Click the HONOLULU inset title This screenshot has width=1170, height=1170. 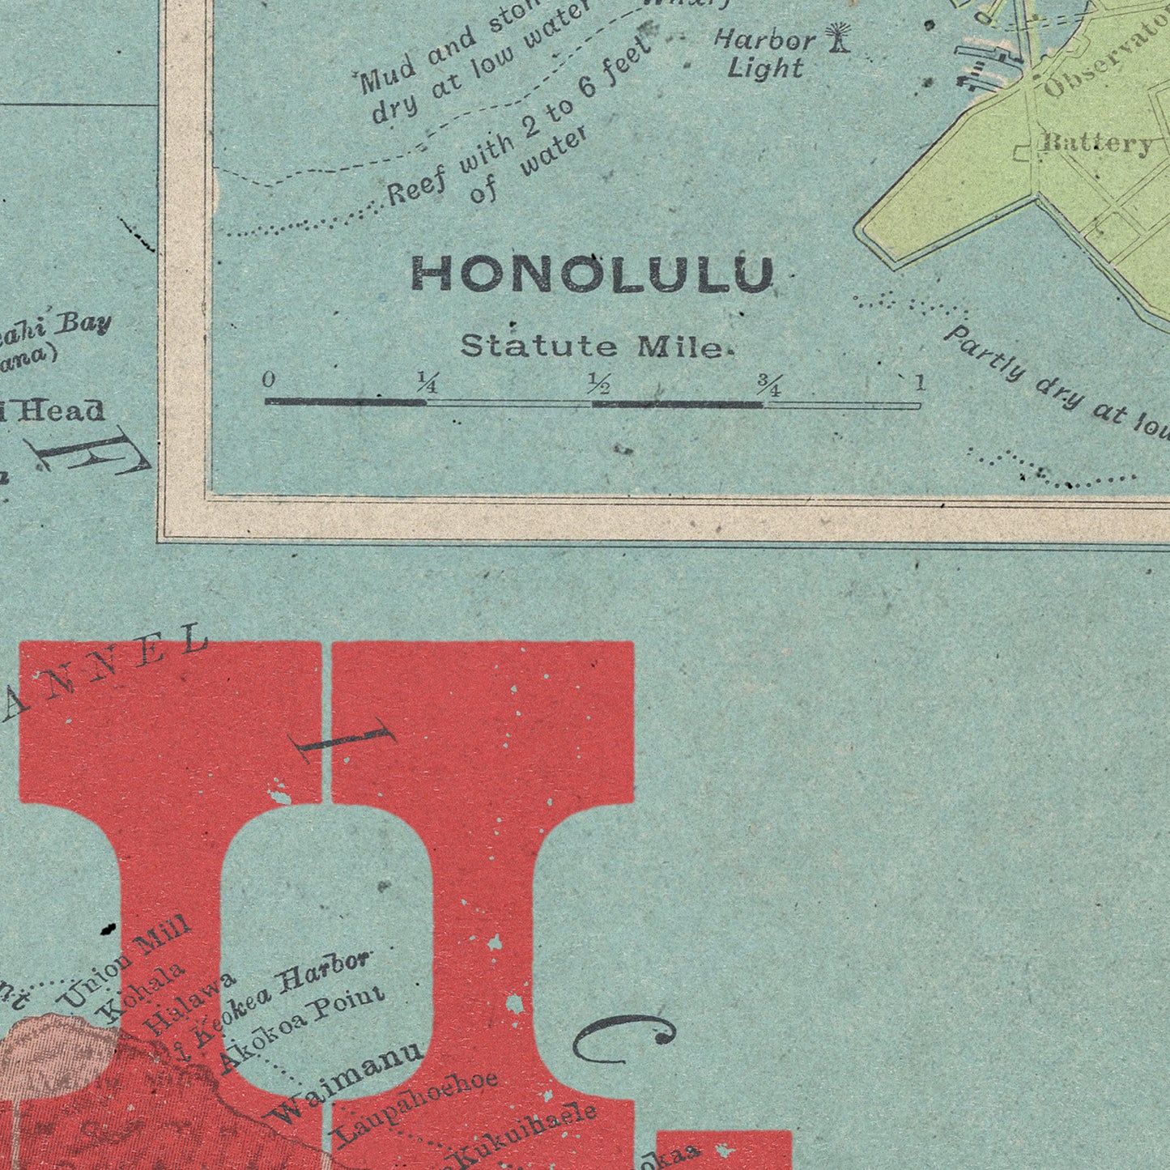click(x=592, y=274)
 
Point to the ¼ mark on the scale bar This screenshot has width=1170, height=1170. click(x=427, y=382)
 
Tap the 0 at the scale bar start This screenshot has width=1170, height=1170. click(x=270, y=380)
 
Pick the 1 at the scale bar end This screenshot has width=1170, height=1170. click(x=919, y=383)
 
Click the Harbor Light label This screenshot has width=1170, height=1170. click(x=764, y=53)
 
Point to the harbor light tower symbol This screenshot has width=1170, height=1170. click(x=839, y=37)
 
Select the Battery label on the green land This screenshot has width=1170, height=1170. click(x=1098, y=144)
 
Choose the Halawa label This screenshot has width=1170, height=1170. click(x=191, y=1002)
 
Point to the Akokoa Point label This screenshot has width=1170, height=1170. click(x=303, y=1031)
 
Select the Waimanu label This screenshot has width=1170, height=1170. click(x=346, y=1081)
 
